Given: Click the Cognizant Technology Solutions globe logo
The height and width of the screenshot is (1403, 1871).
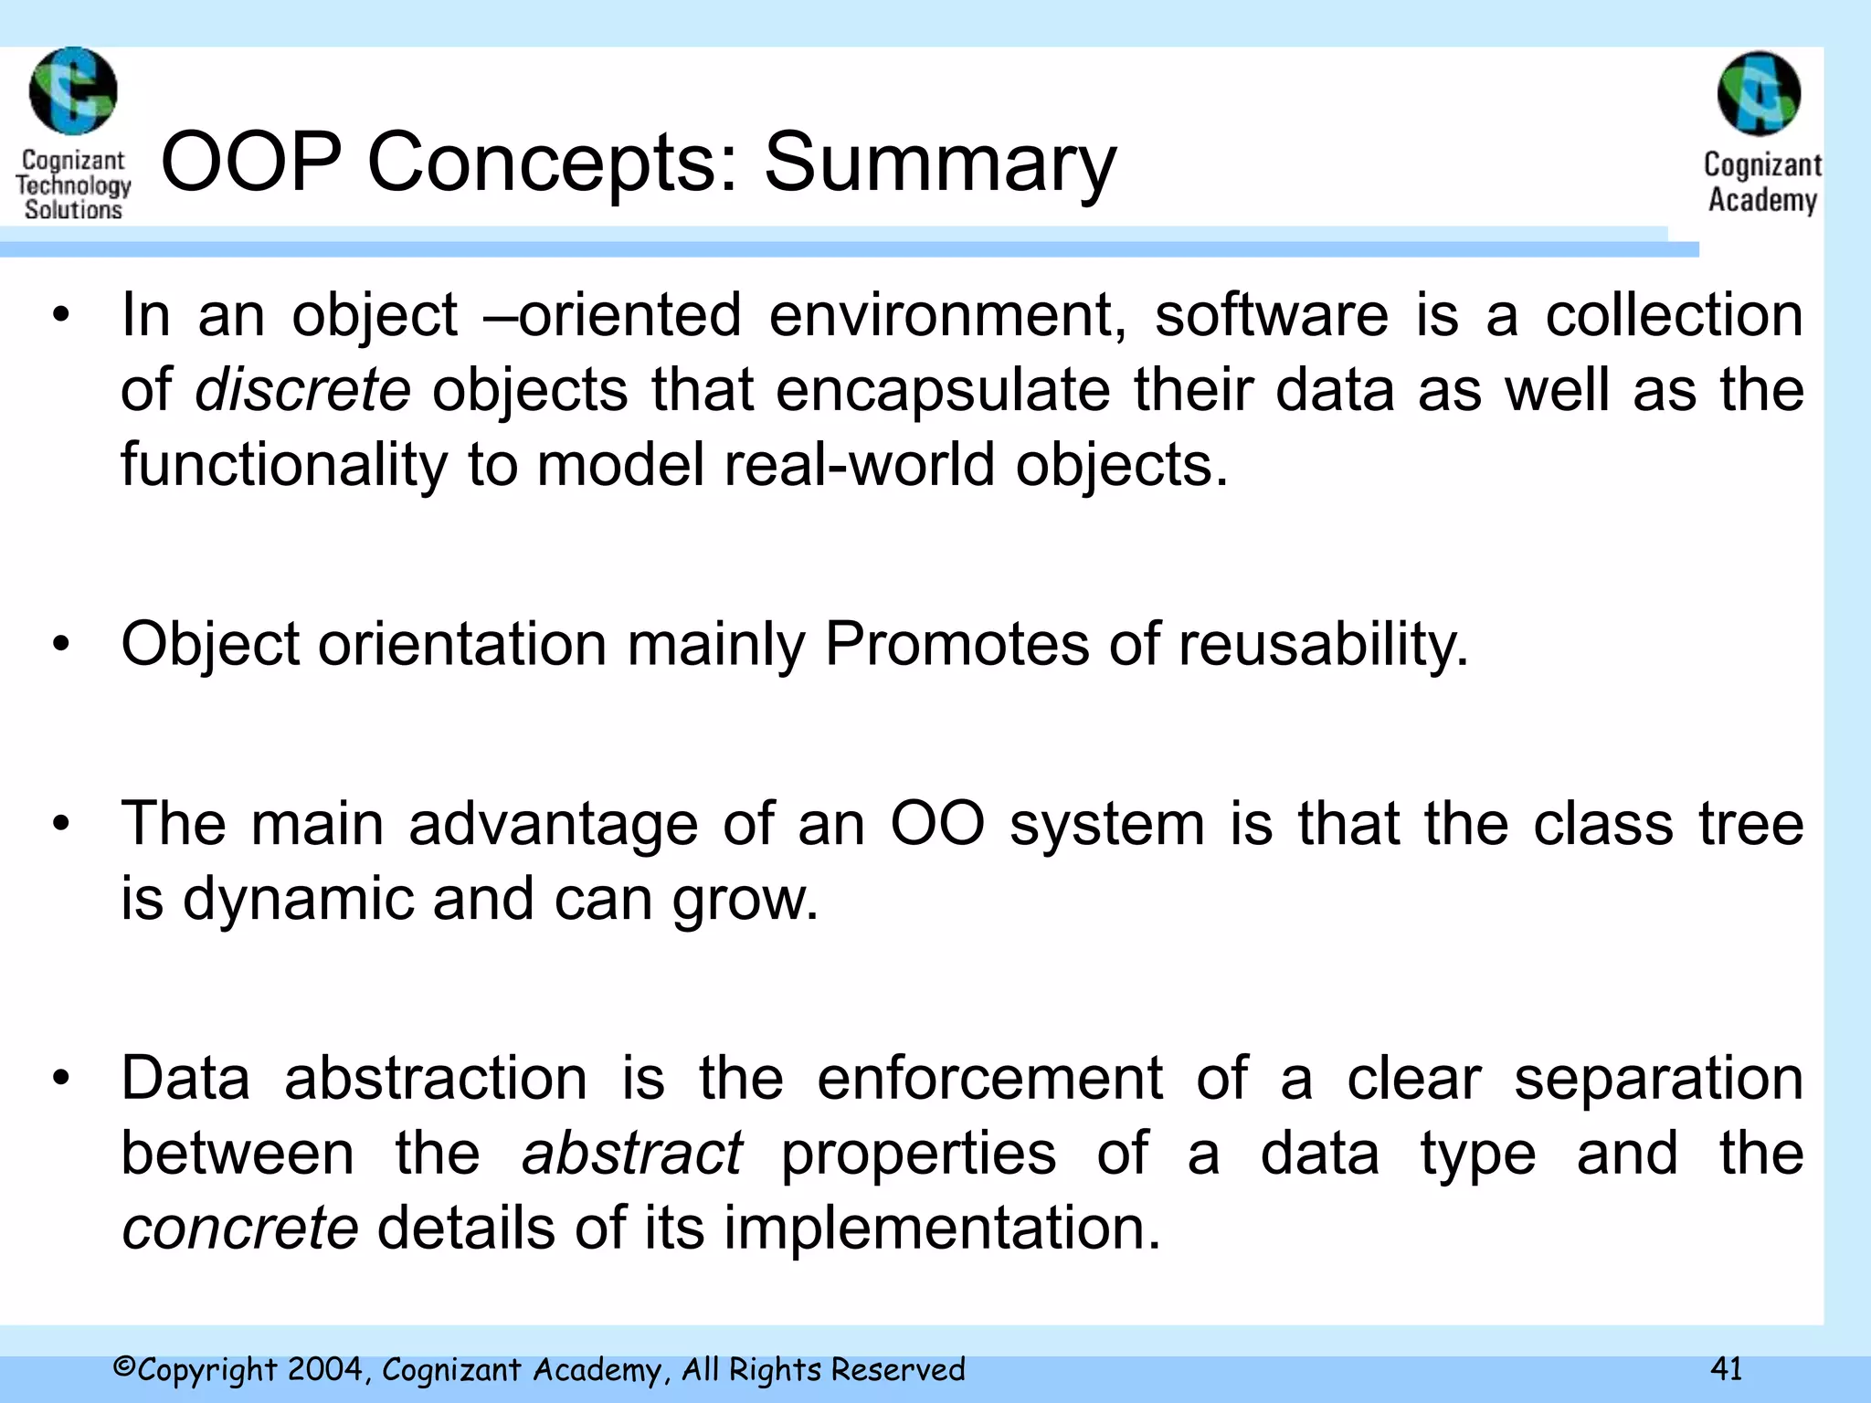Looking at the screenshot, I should [73, 91].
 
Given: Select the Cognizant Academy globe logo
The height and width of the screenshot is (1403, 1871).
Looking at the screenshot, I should [1759, 94].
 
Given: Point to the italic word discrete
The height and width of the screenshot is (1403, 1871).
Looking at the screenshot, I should [302, 390].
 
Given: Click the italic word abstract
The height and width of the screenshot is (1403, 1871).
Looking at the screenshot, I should [631, 1153].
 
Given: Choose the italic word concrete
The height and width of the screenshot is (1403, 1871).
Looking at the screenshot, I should [239, 1228].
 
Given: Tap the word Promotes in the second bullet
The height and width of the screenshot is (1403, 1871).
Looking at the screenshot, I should [956, 645].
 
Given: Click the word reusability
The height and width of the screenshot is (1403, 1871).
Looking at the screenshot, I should [1323, 645].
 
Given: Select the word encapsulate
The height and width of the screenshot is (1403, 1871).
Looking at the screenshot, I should [943, 390].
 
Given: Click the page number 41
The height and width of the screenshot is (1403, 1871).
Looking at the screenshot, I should [1726, 1368].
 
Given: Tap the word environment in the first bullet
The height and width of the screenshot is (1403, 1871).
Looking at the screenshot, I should [948, 315].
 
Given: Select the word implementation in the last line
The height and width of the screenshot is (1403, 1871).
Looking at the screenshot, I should [942, 1228].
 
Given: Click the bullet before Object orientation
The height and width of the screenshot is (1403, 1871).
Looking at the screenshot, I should [61, 645].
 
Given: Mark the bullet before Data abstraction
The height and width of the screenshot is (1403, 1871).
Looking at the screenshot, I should [61, 1079].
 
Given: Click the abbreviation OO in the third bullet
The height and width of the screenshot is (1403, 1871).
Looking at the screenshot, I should [936, 824].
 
